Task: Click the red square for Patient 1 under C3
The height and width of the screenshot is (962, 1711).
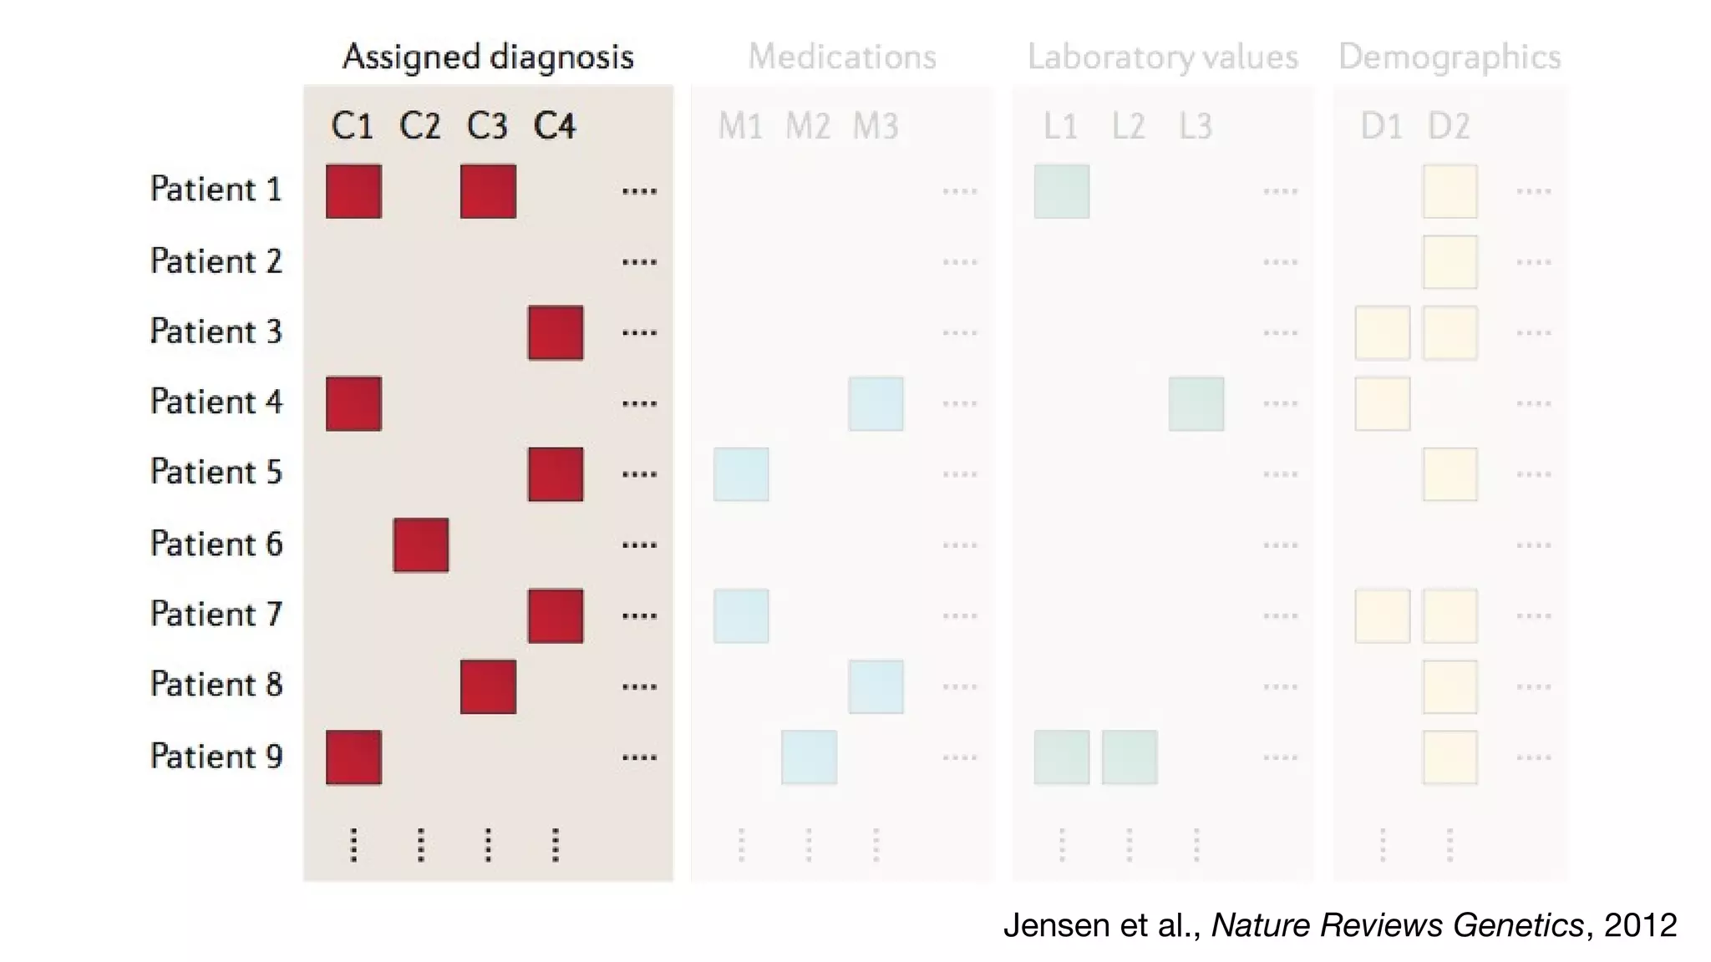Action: click(488, 191)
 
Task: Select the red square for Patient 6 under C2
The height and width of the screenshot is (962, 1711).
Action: click(420, 544)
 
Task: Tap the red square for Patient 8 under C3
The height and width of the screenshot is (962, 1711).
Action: click(488, 686)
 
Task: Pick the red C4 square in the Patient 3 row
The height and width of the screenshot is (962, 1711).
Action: click(556, 332)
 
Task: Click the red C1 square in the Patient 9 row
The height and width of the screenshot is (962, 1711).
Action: click(353, 757)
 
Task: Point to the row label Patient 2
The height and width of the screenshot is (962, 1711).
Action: click(216, 261)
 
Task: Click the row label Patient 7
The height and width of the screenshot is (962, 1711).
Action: click(216, 615)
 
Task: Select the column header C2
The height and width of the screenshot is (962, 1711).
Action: click(419, 126)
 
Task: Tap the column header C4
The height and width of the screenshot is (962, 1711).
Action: click(555, 126)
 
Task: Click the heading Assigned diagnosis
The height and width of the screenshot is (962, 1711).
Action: click(488, 57)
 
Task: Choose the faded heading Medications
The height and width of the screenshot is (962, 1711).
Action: click(842, 57)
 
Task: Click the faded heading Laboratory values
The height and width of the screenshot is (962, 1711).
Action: click(1162, 57)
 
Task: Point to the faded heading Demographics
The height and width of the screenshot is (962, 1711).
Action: click(1450, 57)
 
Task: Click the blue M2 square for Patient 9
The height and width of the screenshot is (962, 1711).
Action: click(809, 757)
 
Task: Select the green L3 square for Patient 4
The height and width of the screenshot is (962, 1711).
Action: click(1196, 403)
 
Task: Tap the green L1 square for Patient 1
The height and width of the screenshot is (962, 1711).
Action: click(1062, 191)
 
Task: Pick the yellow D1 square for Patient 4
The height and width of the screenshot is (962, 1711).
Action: click(1383, 403)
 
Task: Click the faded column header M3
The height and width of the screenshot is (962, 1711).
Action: click(876, 126)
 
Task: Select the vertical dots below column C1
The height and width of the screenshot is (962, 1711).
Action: click(353, 844)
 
